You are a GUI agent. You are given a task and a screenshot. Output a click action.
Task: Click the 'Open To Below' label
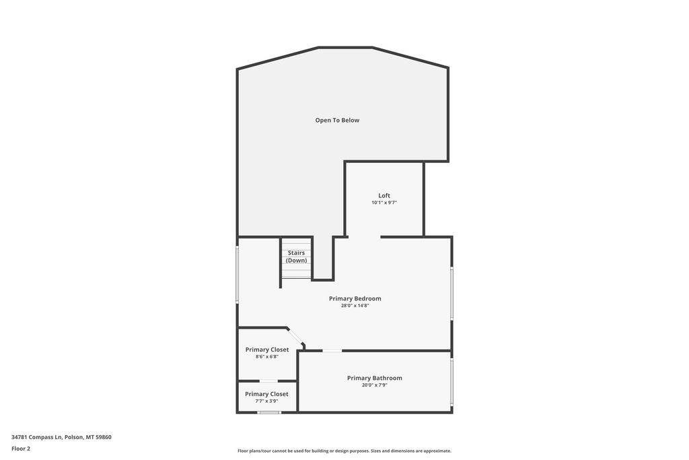(x=337, y=121)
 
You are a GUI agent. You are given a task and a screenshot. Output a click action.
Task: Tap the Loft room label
(x=384, y=196)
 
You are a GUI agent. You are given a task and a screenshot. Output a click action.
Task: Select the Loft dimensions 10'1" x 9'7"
(x=384, y=203)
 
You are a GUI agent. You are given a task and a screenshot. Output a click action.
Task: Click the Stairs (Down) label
(x=296, y=257)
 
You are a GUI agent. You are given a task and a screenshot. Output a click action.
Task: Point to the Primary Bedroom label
(x=355, y=298)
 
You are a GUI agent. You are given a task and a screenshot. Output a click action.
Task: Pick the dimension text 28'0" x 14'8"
(x=355, y=306)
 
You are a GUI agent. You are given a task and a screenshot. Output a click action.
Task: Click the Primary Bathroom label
(x=374, y=379)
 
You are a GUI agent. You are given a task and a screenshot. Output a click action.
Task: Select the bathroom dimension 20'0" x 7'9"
(x=374, y=385)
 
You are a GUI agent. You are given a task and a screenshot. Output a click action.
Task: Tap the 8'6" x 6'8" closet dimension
(x=267, y=357)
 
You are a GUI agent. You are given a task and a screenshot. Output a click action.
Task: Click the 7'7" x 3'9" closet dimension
(x=266, y=401)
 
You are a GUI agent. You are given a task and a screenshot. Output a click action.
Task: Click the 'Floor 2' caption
(x=21, y=449)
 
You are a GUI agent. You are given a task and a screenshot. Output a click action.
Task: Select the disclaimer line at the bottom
(x=344, y=451)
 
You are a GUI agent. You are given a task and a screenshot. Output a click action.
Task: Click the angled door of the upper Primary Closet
(x=295, y=336)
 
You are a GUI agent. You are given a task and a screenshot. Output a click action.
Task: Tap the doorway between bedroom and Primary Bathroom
(x=332, y=350)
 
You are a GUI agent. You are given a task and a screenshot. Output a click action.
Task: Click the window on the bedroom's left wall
(x=237, y=274)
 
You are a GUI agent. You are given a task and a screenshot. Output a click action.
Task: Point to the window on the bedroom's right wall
(x=451, y=294)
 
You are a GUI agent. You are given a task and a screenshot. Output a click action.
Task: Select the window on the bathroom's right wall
(x=451, y=381)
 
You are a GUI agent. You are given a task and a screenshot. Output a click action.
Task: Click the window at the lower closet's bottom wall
(x=268, y=412)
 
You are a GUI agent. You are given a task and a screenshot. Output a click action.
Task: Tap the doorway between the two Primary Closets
(x=268, y=381)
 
